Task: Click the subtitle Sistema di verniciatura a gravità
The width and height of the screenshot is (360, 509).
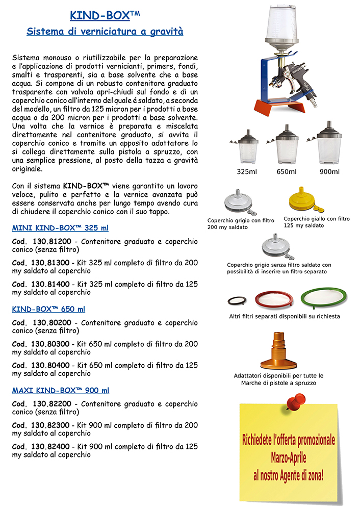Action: (x=105, y=32)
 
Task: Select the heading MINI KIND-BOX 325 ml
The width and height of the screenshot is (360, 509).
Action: (x=60, y=228)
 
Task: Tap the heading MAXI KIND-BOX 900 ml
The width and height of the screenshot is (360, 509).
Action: (x=61, y=391)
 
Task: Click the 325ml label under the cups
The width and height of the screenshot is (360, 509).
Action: (x=247, y=171)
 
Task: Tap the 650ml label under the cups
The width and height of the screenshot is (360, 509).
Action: (x=287, y=171)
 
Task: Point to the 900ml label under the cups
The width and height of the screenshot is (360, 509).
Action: (x=329, y=171)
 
